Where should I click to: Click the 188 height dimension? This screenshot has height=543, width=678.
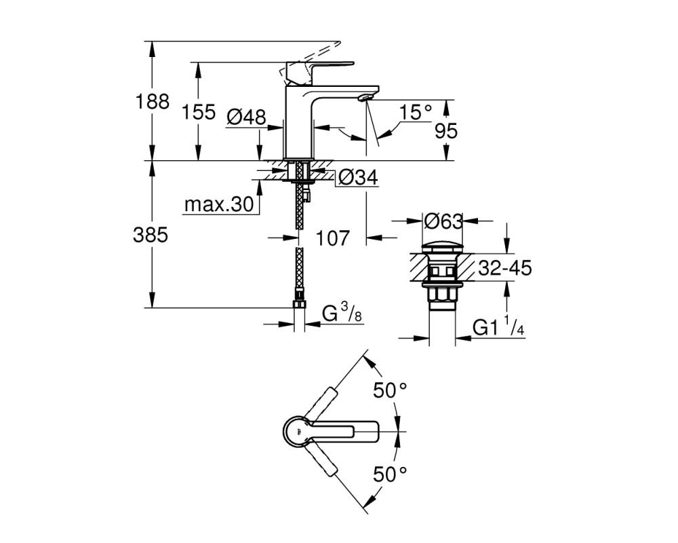[x=153, y=102]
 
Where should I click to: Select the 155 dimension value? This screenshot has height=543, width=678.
[x=198, y=112]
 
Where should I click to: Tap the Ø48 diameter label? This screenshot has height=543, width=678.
[x=246, y=117]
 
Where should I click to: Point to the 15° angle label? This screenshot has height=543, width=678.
[x=415, y=112]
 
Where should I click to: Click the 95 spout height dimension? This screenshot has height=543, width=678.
[x=446, y=130]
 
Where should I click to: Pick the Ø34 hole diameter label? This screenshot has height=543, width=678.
[x=358, y=177]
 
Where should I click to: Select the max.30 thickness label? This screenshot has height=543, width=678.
[x=219, y=204]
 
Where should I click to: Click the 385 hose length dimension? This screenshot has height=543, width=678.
[x=151, y=235]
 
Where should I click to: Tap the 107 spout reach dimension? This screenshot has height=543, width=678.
[x=332, y=238]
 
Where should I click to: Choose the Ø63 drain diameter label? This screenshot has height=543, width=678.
[x=443, y=221]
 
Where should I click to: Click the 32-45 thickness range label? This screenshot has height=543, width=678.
[x=505, y=268]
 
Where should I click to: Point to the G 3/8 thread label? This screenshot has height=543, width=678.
[x=342, y=313]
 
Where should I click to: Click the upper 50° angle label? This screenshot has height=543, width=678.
[x=391, y=390]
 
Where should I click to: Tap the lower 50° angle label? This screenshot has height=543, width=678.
[x=391, y=474]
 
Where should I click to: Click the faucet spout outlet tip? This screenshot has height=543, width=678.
[x=365, y=98]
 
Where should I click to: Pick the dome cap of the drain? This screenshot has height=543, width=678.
[x=442, y=248]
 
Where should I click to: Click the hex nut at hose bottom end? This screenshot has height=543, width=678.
[x=299, y=303]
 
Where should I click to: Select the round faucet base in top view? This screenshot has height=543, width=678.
[x=298, y=432]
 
